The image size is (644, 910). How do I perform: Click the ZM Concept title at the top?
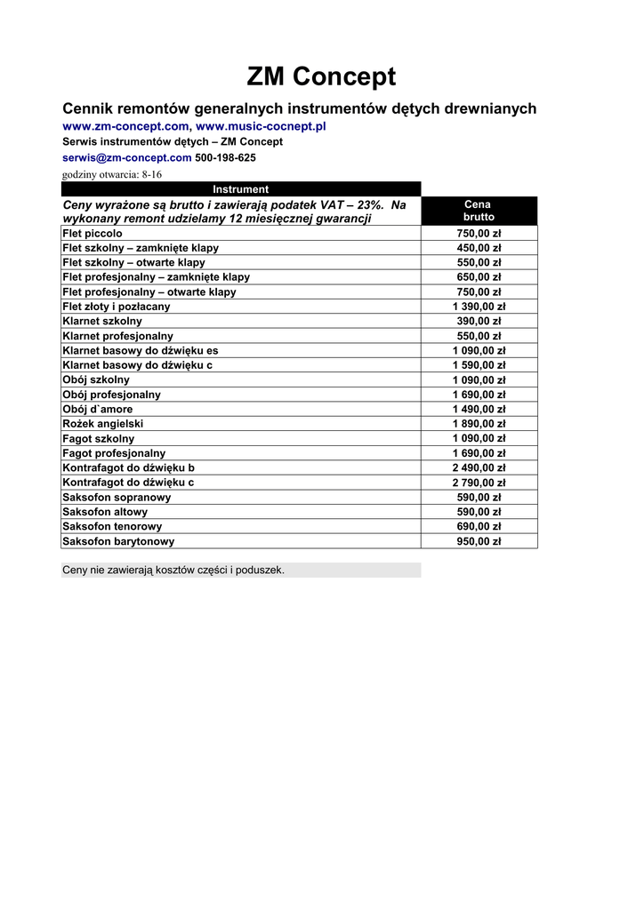321,77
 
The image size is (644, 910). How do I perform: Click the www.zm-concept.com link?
125,126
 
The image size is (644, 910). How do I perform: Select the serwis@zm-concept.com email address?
127,157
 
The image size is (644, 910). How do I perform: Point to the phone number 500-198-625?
225,157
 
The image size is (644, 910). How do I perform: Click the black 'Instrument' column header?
240,189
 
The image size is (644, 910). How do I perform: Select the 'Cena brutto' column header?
479,211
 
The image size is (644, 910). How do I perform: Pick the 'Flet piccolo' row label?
93,234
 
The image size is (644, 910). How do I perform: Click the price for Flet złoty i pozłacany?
479,307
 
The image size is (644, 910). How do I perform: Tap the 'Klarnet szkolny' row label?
102,321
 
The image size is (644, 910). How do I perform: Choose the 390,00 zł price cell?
479,321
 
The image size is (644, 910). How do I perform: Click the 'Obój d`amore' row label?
98,409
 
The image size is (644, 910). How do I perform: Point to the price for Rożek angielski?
479,424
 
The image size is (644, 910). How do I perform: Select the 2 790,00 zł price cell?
479,483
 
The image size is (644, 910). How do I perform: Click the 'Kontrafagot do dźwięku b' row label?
129,467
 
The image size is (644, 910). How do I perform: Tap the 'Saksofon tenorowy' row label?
112,526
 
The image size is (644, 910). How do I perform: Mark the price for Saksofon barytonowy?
479,541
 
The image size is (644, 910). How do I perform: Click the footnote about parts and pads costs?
173,570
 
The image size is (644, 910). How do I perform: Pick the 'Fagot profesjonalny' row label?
114,453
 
